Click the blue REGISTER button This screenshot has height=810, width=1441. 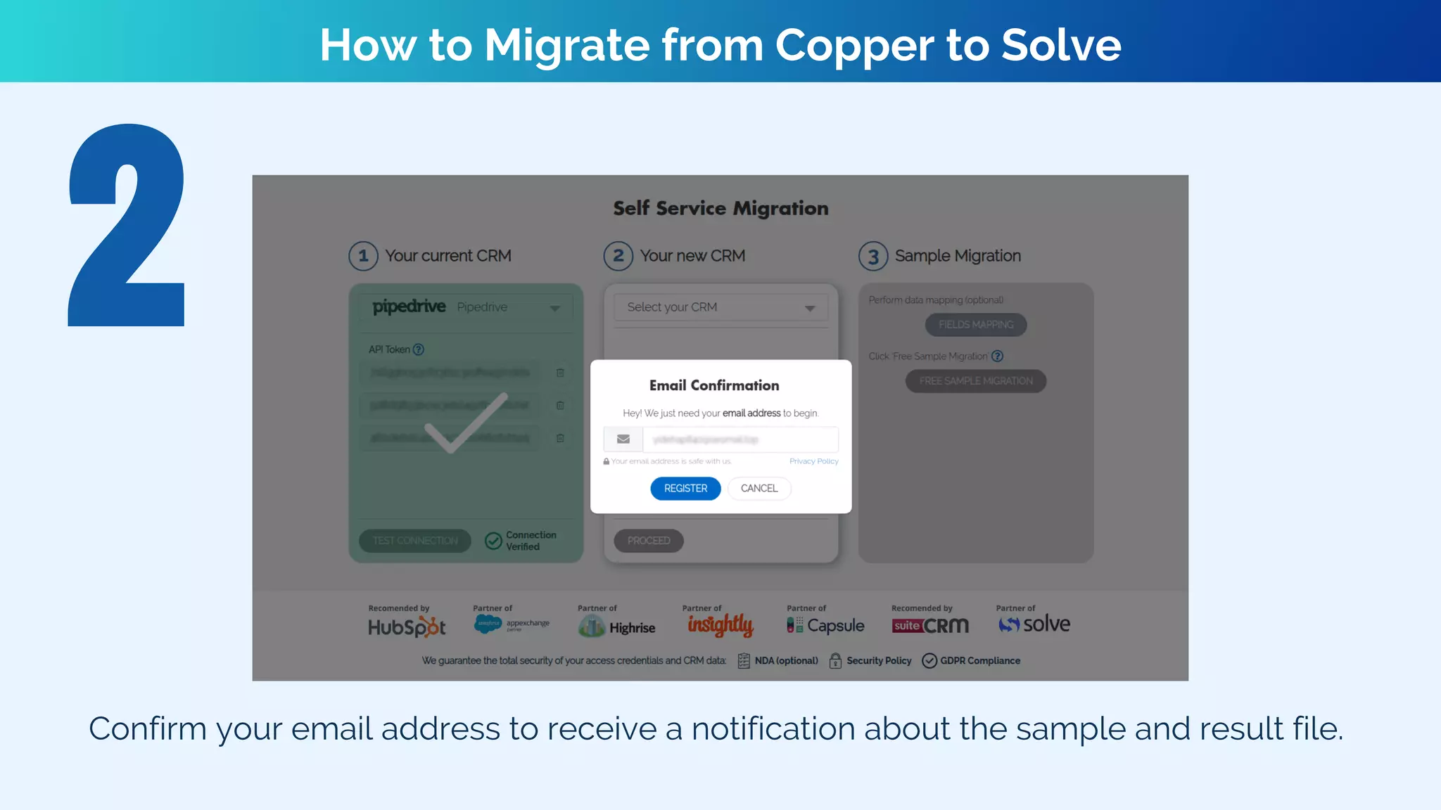(685, 488)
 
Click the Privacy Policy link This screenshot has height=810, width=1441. (813, 461)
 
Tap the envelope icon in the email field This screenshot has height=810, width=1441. (623, 439)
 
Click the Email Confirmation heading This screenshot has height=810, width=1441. (714, 385)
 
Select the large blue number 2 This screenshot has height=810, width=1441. (127, 225)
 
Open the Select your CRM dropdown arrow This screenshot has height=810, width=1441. (810, 308)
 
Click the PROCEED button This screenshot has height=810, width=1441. (649, 541)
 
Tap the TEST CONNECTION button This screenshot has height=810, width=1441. (415, 541)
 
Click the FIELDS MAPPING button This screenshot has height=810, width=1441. (976, 324)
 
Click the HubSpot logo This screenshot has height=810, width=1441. (407, 626)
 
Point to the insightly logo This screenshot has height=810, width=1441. (720, 624)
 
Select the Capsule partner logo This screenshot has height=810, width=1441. (825, 625)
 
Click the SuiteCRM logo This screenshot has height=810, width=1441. (929, 625)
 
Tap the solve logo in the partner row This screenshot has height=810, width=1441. (1034, 624)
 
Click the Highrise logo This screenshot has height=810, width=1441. (616, 626)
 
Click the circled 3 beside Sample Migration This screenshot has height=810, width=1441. (873, 257)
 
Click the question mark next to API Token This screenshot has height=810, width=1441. (419, 349)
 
